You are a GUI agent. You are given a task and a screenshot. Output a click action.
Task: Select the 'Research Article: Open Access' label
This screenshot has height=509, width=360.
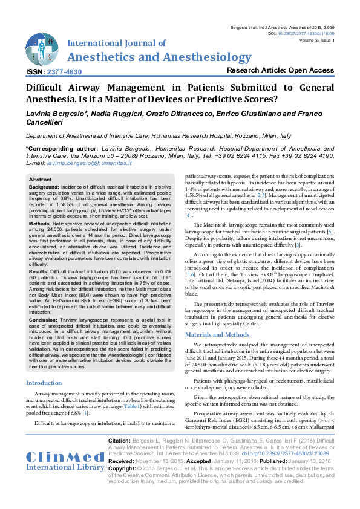click(280, 70)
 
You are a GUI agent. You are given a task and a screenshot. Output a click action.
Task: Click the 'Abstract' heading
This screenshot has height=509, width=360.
click(41, 180)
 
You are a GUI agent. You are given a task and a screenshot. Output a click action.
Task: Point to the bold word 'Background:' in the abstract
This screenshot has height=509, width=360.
click(44, 188)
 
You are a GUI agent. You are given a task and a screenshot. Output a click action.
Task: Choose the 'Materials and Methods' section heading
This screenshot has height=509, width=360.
click(218, 334)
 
